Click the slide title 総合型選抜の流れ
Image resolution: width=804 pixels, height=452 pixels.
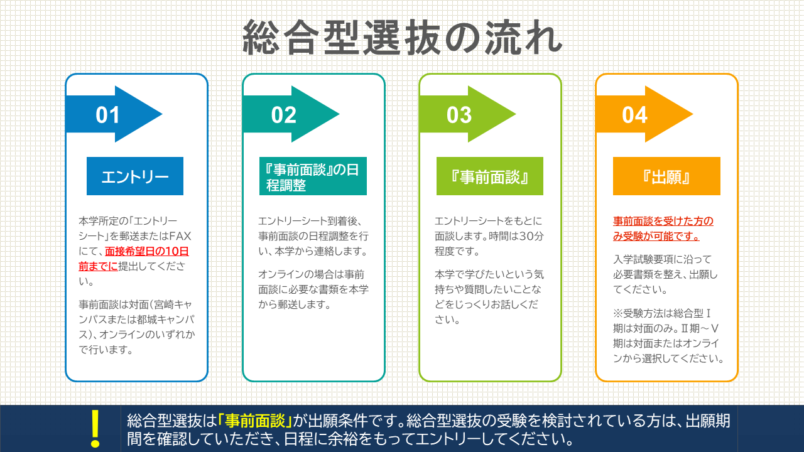pos(403,38)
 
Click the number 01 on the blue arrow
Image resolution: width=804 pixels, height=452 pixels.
pos(107,115)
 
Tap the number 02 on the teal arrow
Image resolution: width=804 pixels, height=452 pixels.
pos(283,115)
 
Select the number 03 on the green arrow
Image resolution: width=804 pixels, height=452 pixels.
pos(459,115)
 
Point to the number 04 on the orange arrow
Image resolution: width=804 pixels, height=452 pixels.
pos(634,115)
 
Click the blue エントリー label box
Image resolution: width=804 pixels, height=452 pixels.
pos(135,176)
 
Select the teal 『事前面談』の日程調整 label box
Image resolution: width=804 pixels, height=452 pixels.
pos(313,176)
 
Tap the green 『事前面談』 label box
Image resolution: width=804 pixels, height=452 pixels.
pos(489,176)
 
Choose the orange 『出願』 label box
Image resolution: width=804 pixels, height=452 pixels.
pos(666,176)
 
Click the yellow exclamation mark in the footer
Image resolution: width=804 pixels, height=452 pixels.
pos(95,429)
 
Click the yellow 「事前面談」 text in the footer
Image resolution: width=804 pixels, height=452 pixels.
pos(255,421)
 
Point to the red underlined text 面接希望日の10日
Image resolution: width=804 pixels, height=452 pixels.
pos(147,251)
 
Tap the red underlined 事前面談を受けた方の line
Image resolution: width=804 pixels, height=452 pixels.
pos(663,221)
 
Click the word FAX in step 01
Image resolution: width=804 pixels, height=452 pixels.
pos(180,236)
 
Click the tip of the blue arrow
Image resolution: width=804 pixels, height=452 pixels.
pos(162,114)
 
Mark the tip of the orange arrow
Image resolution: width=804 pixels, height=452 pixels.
pos(693,114)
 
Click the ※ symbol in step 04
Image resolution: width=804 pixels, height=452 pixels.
pos(618,313)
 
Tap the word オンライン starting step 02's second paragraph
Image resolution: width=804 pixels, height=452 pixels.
pos(281,274)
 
